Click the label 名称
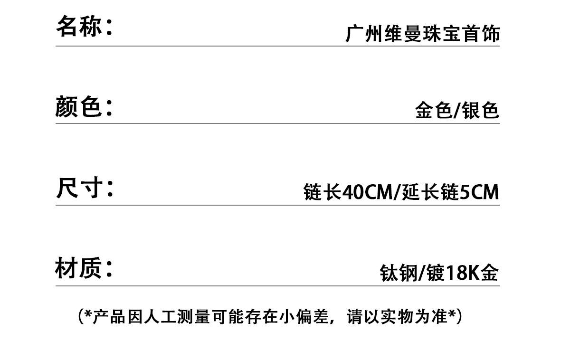coord(79,26)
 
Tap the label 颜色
coord(78,106)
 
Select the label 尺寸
coord(79,188)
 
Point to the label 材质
coord(78,268)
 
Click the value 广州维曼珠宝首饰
coord(422,33)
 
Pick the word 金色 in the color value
coord(434,110)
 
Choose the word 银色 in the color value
coord(480,110)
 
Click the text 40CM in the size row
coord(368,192)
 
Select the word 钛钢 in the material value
coord(399,273)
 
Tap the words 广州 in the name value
coord(364,33)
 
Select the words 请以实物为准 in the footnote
coord(397,317)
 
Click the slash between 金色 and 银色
coord(457,111)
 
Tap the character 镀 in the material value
coord(436,273)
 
